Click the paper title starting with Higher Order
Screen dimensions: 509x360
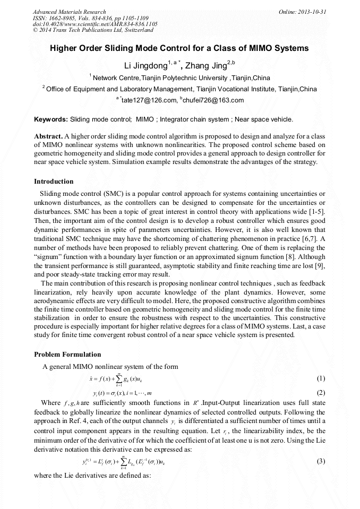[x=179, y=48]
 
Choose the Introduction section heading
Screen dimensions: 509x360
[x=54, y=182]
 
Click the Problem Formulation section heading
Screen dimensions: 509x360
[x=67, y=355]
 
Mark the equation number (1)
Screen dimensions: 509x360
[x=320, y=379]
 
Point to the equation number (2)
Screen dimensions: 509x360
[x=320, y=393]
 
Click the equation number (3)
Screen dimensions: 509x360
[x=320, y=461]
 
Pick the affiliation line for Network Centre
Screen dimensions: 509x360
[x=179, y=78]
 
